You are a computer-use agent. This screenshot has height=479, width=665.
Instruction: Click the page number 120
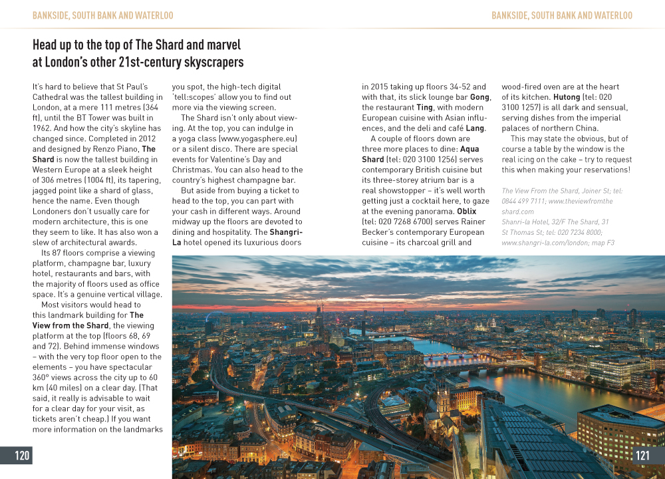23,456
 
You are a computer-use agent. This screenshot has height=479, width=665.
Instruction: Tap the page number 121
642,456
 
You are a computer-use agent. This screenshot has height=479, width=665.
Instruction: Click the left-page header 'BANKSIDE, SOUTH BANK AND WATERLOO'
102,15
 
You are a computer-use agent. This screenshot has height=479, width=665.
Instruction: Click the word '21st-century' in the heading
150,63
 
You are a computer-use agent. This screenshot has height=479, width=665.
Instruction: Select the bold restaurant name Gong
479,97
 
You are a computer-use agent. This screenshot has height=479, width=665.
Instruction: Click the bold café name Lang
475,128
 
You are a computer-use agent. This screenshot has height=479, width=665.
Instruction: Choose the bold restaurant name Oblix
466,212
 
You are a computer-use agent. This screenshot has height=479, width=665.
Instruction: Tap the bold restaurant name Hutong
567,97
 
